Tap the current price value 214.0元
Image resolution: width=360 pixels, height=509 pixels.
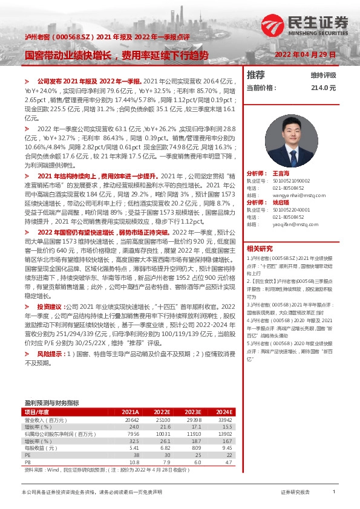click(323, 88)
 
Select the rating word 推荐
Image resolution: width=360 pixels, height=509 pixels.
click(256, 75)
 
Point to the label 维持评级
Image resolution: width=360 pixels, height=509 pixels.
click(323, 76)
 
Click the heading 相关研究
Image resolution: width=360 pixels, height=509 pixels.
click(260, 248)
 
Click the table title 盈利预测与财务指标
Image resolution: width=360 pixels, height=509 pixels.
click(51, 403)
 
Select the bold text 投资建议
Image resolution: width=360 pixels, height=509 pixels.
click(50, 306)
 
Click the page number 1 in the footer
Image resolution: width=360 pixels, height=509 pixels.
click(334, 493)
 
